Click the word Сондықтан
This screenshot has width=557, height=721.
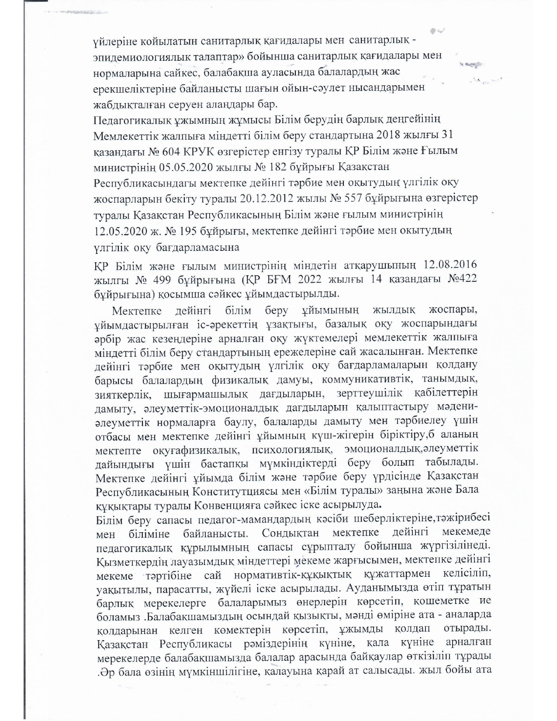pyautogui.click(x=291, y=534)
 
